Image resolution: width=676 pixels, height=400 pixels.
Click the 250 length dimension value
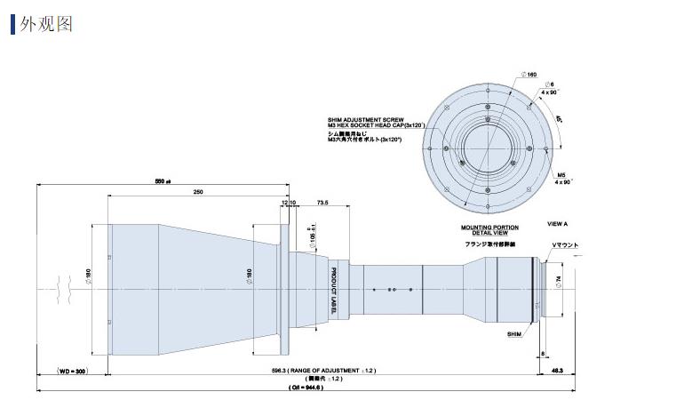pyautogui.click(x=197, y=192)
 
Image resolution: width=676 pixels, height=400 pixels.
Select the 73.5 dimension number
pyautogui.click(x=322, y=204)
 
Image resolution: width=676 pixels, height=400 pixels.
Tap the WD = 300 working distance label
pyautogui.click(x=74, y=370)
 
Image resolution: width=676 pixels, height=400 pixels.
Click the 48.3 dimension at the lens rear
pyautogui.click(x=582, y=370)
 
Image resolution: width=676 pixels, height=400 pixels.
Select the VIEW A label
pyautogui.click(x=558, y=225)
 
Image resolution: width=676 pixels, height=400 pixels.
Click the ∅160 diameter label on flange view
pyautogui.click(x=530, y=74)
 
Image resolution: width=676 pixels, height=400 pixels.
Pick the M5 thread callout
pyautogui.click(x=561, y=174)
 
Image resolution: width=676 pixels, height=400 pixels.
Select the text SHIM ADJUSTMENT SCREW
pyautogui.click(x=365, y=119)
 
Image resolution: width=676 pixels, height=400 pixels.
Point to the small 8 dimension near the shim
pyautogui.click(x=543, y=354)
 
